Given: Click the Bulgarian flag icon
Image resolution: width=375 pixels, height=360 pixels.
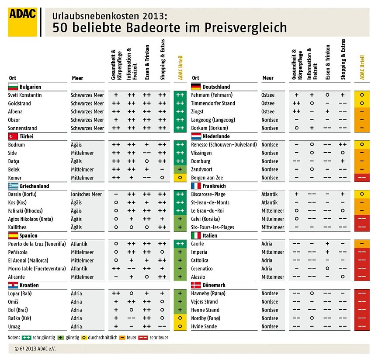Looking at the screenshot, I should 13,87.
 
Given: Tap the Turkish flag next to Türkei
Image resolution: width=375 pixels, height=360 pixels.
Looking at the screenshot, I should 13,136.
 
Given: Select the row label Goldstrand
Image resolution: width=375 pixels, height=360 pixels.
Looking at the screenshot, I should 20,103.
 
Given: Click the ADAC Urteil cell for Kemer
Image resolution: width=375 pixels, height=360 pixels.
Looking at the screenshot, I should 180,178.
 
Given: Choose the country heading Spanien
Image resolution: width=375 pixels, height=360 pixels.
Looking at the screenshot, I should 29,235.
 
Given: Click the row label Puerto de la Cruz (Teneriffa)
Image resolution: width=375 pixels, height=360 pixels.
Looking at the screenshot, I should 37,244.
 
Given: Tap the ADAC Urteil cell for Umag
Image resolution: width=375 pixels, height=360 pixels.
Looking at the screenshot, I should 180,326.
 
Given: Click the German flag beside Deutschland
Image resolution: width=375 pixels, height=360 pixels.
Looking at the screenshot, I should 196,87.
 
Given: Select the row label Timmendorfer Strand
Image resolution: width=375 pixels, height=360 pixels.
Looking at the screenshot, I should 213,103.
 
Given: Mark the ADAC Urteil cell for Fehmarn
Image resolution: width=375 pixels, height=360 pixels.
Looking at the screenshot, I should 362,95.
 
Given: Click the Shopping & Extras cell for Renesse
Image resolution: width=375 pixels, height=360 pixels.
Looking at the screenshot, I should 343,144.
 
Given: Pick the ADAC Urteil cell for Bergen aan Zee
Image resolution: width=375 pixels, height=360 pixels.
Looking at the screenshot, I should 362,178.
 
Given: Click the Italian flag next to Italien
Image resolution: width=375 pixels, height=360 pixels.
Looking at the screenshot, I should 196,235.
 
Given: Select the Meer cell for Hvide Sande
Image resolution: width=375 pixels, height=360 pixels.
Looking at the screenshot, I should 270,326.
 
